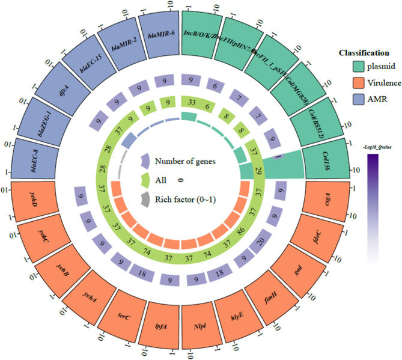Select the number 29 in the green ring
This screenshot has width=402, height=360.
click(x=257, y=172)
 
